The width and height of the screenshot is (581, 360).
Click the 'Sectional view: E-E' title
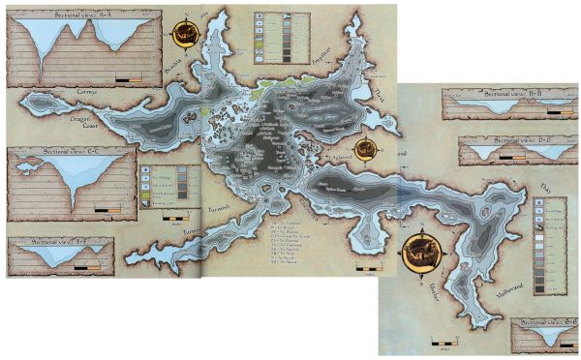548,320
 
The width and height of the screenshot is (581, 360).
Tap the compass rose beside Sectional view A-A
186,33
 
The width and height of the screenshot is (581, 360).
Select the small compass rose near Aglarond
365,148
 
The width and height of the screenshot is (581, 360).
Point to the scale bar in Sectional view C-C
109,207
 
